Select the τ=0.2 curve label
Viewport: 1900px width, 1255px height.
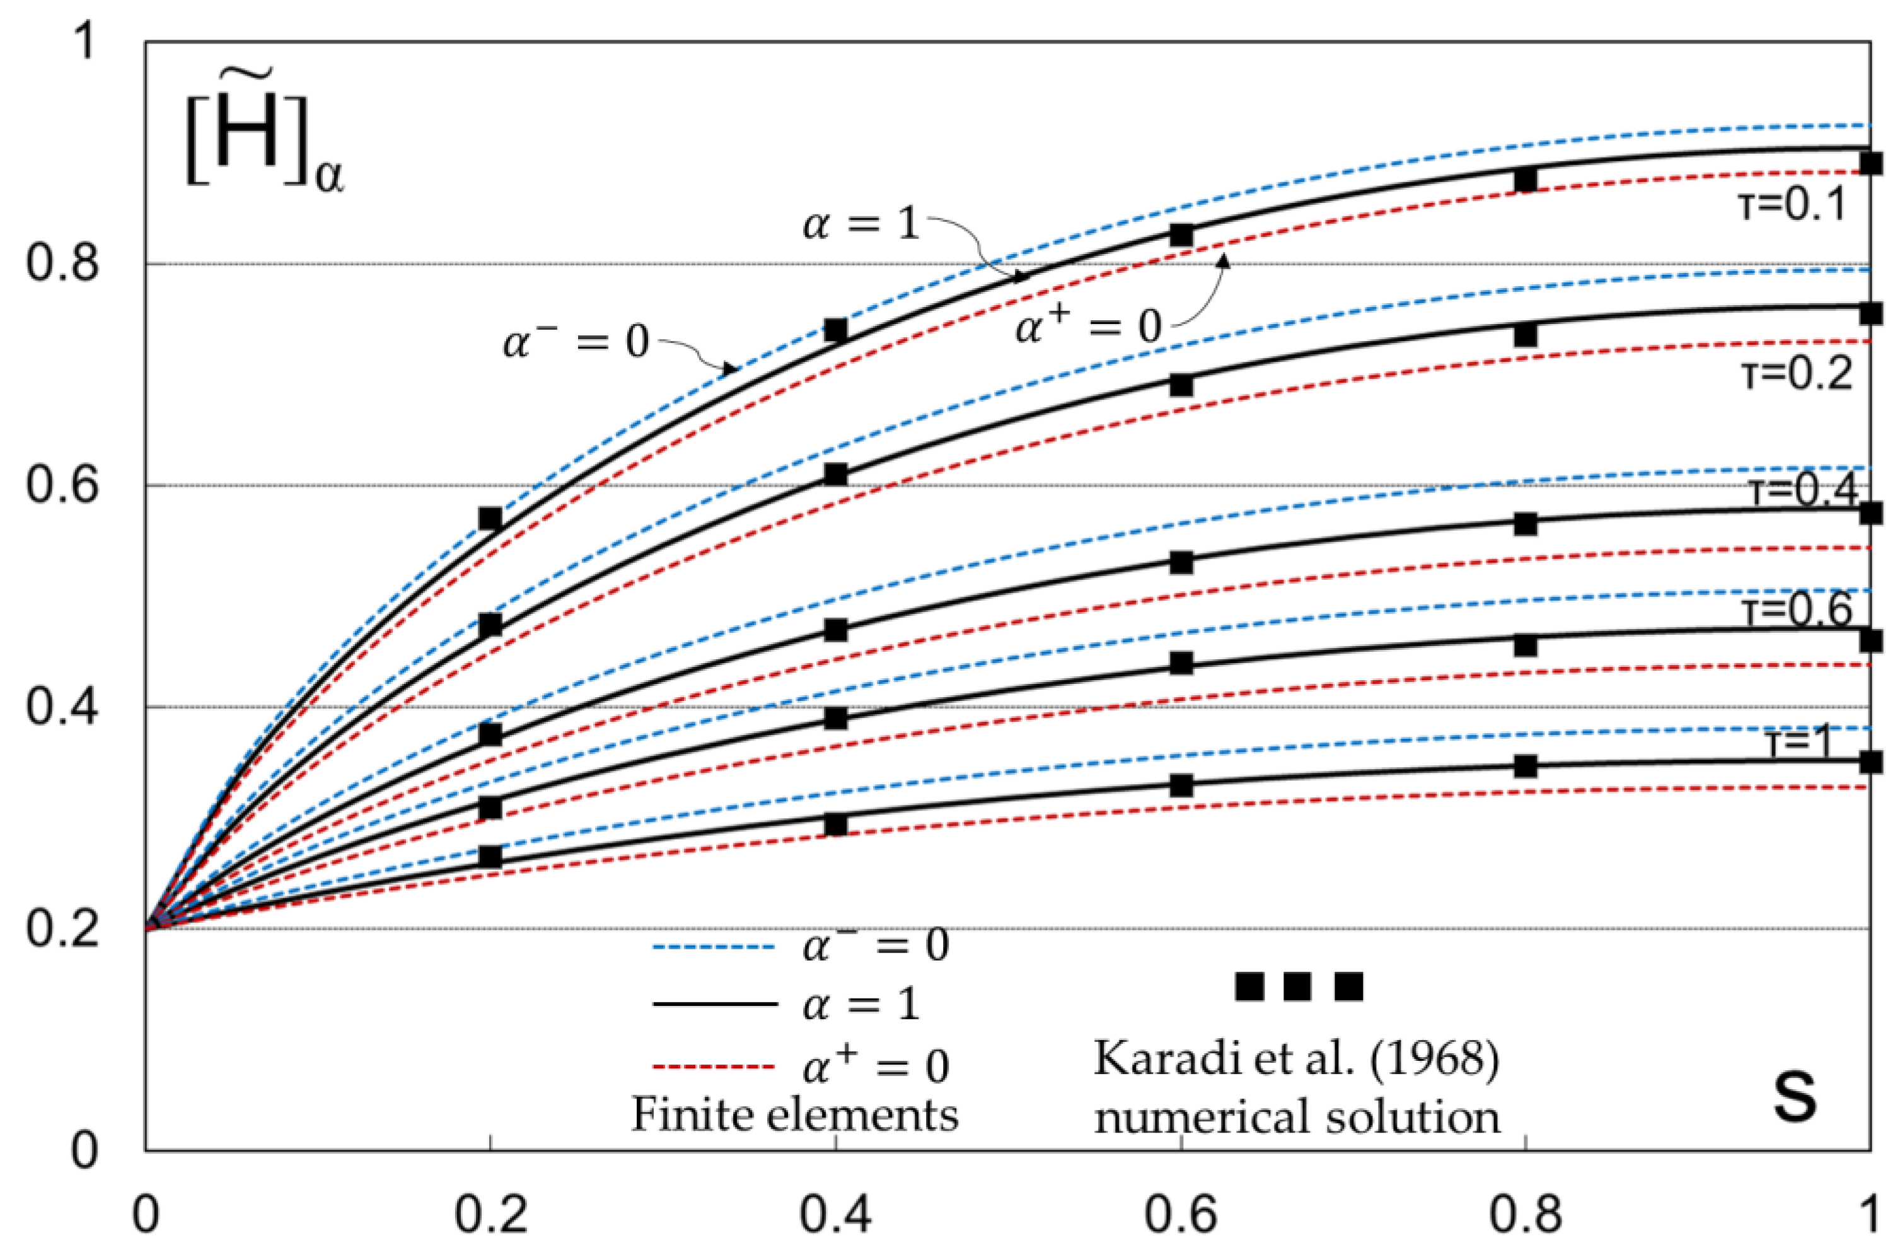tap(1797, 374)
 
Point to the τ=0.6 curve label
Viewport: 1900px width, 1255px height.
tap(1797, 611)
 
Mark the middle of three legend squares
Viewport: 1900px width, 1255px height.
tap(1297, 987)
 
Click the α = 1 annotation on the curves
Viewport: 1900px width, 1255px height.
tap(860, 224)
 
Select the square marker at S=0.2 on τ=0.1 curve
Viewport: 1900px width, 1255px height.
tap(490, 519)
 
